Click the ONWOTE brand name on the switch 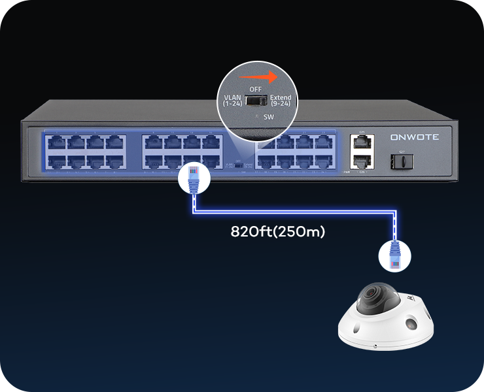pyautogui.click(x=419, y=138)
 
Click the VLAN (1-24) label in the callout pyautogui.click(x=232, y=100)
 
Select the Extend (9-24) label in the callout pyautogui.click(x=281, y=100)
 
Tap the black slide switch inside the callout pyautogui.click(x=256, y=100)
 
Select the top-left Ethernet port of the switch pyautogui.click(x=56, y=142)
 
